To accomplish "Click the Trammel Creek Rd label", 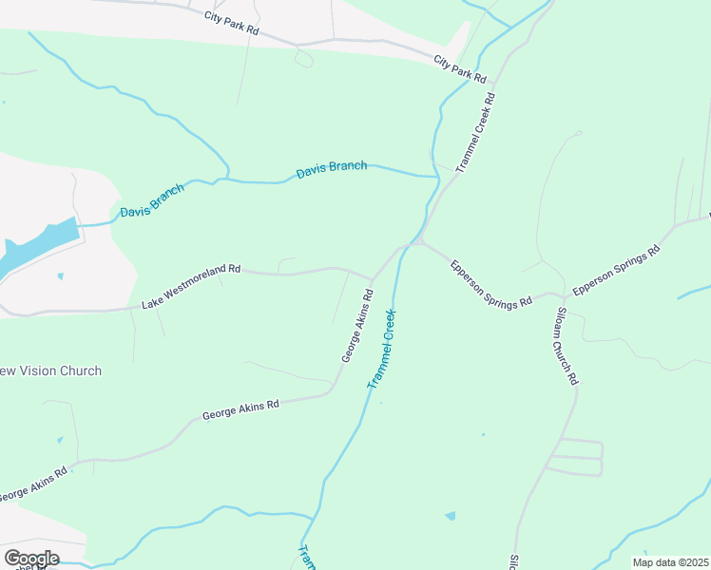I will [x=476, y=131].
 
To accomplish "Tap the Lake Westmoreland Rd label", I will [x=191, y=286].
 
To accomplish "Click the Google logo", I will [x=31, y=559].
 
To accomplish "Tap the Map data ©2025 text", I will [x=669, y=562].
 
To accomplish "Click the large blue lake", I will [x=38, y=246].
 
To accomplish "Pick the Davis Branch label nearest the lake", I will [x=152, y=199].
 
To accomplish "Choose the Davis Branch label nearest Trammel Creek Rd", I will [x=332, y=169].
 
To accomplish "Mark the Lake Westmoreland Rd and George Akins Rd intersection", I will [x=372, y=281].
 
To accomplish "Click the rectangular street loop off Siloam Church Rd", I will [x=575, y=457].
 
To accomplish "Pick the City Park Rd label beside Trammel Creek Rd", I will [x=460, y=69].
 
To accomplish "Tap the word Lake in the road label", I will [x=152, y=301].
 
